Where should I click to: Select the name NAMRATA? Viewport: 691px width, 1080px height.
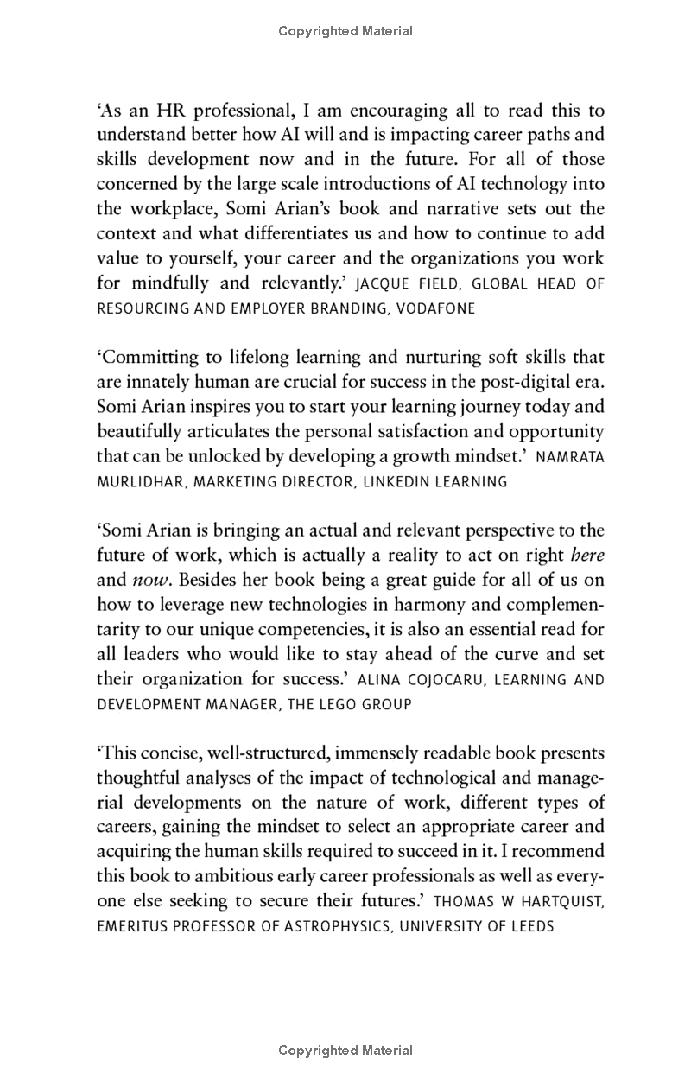[570, 457]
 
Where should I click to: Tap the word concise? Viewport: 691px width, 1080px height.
[162, 753]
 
